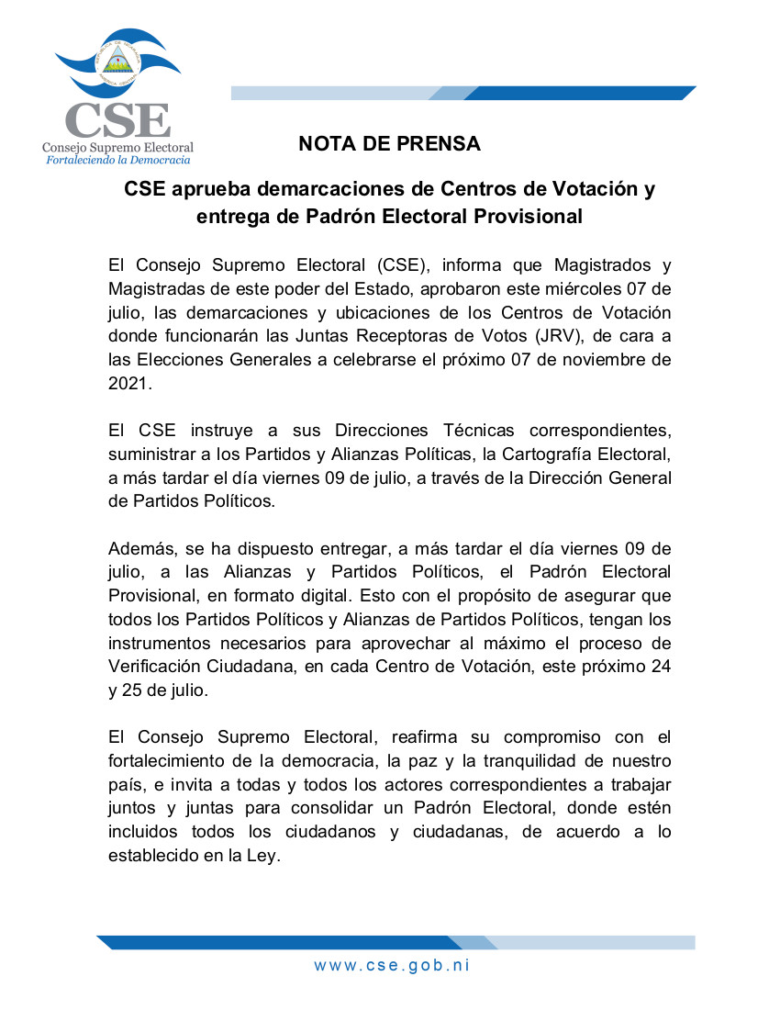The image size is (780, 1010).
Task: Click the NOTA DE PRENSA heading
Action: (x=389, y=144)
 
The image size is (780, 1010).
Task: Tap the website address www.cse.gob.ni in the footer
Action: (x=392, y=965)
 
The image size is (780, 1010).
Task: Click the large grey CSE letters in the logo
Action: (x=118, y=120)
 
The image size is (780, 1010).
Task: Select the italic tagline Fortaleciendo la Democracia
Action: (x=118, y=160)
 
